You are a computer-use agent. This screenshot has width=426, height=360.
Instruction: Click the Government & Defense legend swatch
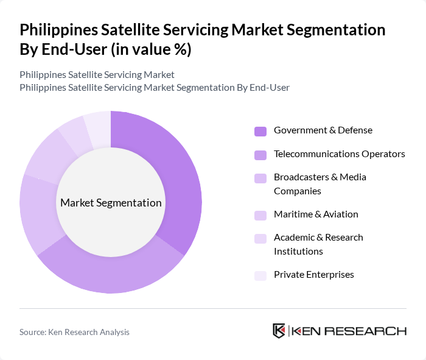(260, 131)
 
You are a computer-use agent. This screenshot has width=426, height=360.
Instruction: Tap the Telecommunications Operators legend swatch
(260, 155)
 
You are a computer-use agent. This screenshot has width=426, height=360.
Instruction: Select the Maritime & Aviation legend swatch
(260, 215)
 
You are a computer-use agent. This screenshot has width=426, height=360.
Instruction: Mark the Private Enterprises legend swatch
(260, 275)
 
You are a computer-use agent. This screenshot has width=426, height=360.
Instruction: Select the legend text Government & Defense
(323, 130)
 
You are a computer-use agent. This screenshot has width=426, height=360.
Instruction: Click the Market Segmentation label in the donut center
(111, 203)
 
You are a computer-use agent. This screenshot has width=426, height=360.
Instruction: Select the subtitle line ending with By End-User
(155, 88)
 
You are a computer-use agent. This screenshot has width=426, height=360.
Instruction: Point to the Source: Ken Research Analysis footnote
(74, 332)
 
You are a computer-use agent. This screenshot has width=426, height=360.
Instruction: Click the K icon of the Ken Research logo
(279, 331)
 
